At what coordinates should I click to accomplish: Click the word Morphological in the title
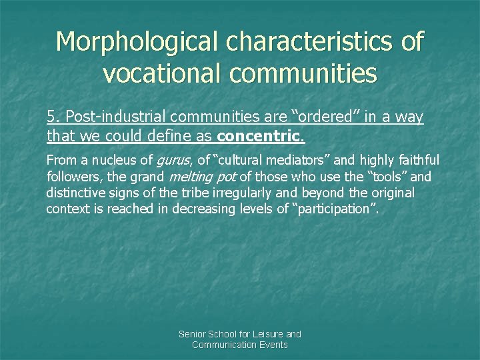click(138, 41)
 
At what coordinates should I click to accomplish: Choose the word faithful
click(419, 160)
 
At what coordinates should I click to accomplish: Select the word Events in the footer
click(274, 345)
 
